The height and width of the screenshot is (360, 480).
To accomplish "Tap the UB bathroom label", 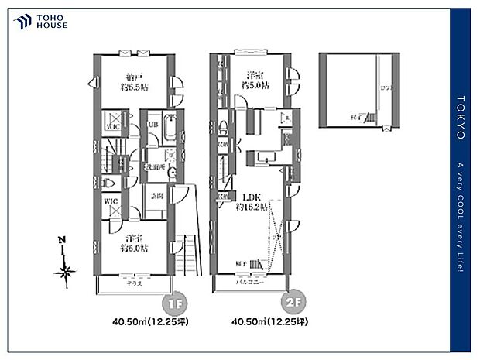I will click(153, 124).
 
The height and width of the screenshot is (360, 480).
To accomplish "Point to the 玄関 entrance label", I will click(157, 197).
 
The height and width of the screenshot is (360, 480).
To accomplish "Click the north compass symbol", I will click(65, 267).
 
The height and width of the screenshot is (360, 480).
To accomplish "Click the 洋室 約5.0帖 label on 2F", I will click(253, 81).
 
